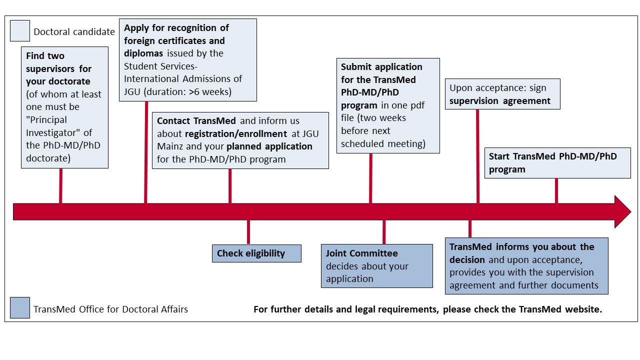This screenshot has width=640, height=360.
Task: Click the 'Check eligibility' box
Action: click(x=256, y=253)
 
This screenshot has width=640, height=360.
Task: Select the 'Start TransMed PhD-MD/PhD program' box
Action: click(x=557, y=163)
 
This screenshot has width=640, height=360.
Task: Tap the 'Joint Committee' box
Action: click(x=377, y=265)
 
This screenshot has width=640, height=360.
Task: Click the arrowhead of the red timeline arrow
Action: click(x=623, y=211)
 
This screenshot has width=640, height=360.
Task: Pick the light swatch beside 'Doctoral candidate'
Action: click(x=20, y=30)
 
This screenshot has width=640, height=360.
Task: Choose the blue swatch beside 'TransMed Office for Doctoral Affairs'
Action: click(x=20, y=307)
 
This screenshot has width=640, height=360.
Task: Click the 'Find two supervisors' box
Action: click(x=64, y=107)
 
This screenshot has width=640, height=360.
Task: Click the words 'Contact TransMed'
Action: click(x=196, y=121)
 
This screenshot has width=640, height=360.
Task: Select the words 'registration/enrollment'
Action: click(x=236, y=133)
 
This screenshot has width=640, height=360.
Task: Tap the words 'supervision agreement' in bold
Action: click(x=499, y=101)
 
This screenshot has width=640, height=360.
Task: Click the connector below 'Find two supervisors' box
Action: click(x=60, y=186)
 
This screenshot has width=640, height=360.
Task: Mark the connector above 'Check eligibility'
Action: click(x=248, y=232)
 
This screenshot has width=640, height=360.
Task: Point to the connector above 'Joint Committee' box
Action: click(x=384, y=232)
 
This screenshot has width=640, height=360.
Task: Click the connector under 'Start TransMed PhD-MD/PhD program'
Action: click(x=556, y=191)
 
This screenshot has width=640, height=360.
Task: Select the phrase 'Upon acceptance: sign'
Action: click(x=497, y=87)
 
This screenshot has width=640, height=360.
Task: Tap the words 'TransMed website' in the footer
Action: click(x=560, y=309)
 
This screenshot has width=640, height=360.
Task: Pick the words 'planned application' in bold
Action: click(x=269, y=146)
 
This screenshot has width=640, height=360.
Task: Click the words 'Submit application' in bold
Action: click(x=381, y=67)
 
